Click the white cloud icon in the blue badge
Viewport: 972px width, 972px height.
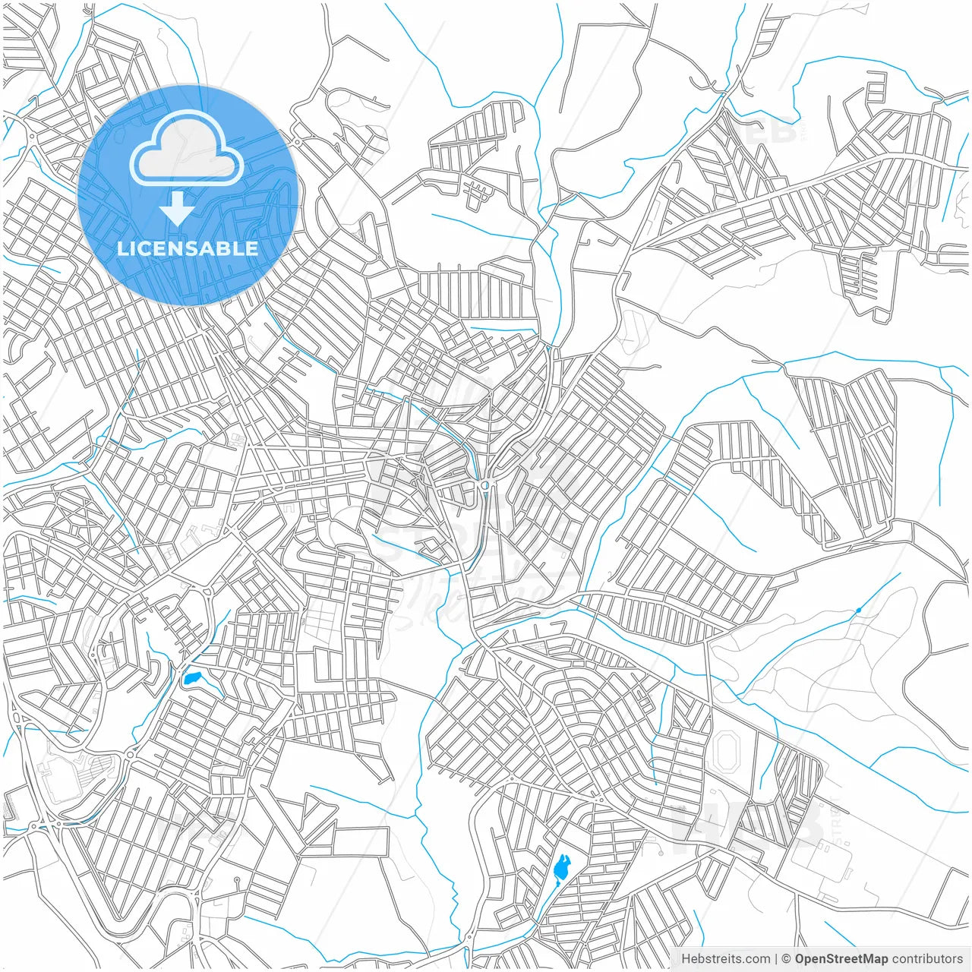pos(187,150)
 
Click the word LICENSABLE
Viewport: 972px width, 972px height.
pos(188,248)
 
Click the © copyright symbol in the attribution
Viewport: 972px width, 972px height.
pos(787,958)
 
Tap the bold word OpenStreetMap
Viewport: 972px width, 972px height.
pos(841,958)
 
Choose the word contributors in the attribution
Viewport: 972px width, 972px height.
pos(927,958)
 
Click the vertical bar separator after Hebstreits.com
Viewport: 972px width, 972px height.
pos(776,958)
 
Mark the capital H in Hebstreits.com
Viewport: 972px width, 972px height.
pos(686,958)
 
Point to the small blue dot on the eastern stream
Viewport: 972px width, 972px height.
pos(859,610)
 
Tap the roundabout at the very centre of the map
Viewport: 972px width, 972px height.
pos(484,484)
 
